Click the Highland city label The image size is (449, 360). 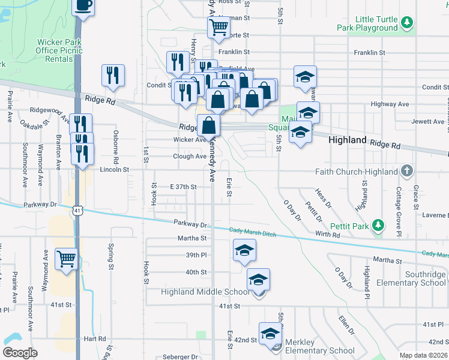click(348, 139)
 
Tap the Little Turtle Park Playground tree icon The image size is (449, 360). click(408, 22)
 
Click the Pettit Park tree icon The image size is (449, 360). click(378, 225)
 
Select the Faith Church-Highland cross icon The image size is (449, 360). click(407, 171)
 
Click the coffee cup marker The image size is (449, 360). click(83, 5)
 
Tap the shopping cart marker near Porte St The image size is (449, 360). click(218, 26)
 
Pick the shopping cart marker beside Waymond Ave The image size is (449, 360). click(66, 259)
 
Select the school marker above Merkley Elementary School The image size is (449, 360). click(270, 333)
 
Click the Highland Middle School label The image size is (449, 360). click(205, 292)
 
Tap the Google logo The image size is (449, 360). click(20, 353)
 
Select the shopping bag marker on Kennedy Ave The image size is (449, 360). click(208, 126)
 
